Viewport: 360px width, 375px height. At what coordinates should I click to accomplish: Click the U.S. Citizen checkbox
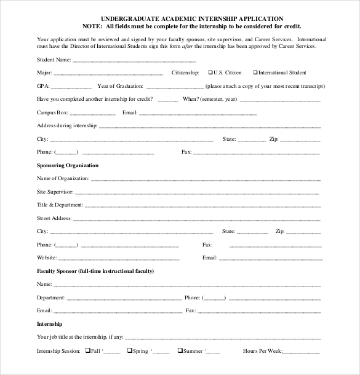click(210, 73)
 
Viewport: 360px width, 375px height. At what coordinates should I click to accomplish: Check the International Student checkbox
click(255, 73)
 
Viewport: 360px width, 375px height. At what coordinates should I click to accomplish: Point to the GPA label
click(43, 86)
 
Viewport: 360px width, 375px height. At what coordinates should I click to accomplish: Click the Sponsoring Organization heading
click(68, 165)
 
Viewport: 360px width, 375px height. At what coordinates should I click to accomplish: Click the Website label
click(47, 258)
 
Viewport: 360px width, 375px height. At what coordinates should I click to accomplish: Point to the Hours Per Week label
click(262, 351)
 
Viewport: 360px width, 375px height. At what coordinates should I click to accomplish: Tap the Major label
click(44, 73)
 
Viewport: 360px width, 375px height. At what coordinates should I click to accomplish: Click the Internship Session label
click(58, 351)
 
